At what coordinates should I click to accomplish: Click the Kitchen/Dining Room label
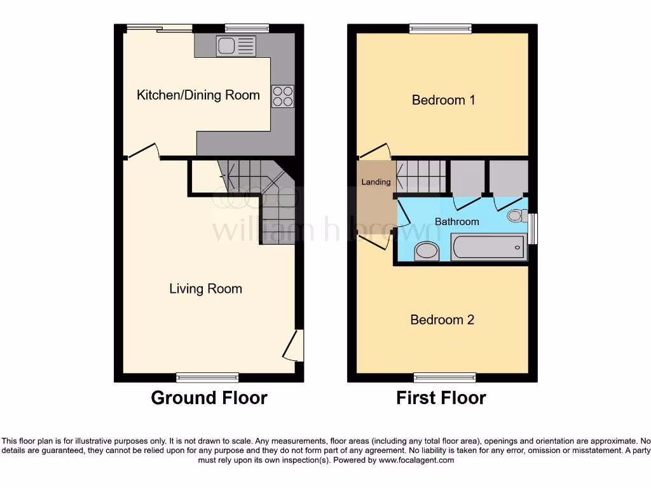click(x=198, y=95)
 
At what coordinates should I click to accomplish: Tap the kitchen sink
click(x=236, y=46)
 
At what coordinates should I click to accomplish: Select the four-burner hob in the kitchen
click(x=283, y=96)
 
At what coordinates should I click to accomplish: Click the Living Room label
click(x=205, y=289)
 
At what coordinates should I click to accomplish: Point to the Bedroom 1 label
click(x=443, y=100)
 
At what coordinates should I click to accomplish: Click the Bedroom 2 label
click(x=442, y=320)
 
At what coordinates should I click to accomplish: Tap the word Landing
click(x=376, y=182)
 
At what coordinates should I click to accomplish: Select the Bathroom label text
click(x=456, y=222)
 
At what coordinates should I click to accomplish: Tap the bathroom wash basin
click(x=426, y=252)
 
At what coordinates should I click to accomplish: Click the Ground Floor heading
click(x=209, y=398)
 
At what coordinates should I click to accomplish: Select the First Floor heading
click(x=441, y=398)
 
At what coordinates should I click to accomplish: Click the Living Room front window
click(x=207, y=377)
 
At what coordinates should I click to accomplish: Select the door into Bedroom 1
click(x=374, y=152)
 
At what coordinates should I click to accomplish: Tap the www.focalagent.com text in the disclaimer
click(x=416, y=460)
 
